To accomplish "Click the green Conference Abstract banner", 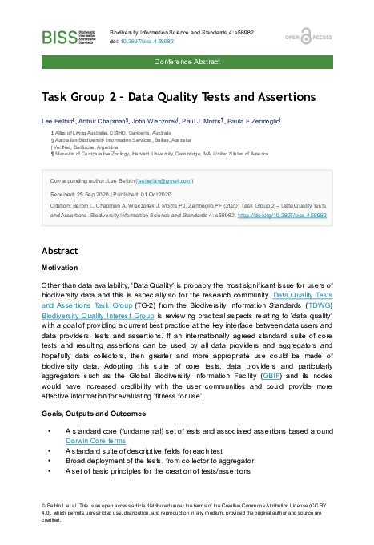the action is pos(187,62).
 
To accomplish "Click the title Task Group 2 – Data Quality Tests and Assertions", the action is pos(179,98).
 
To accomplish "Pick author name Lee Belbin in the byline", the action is pos(59,120).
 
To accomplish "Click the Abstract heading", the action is pos(59,249).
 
